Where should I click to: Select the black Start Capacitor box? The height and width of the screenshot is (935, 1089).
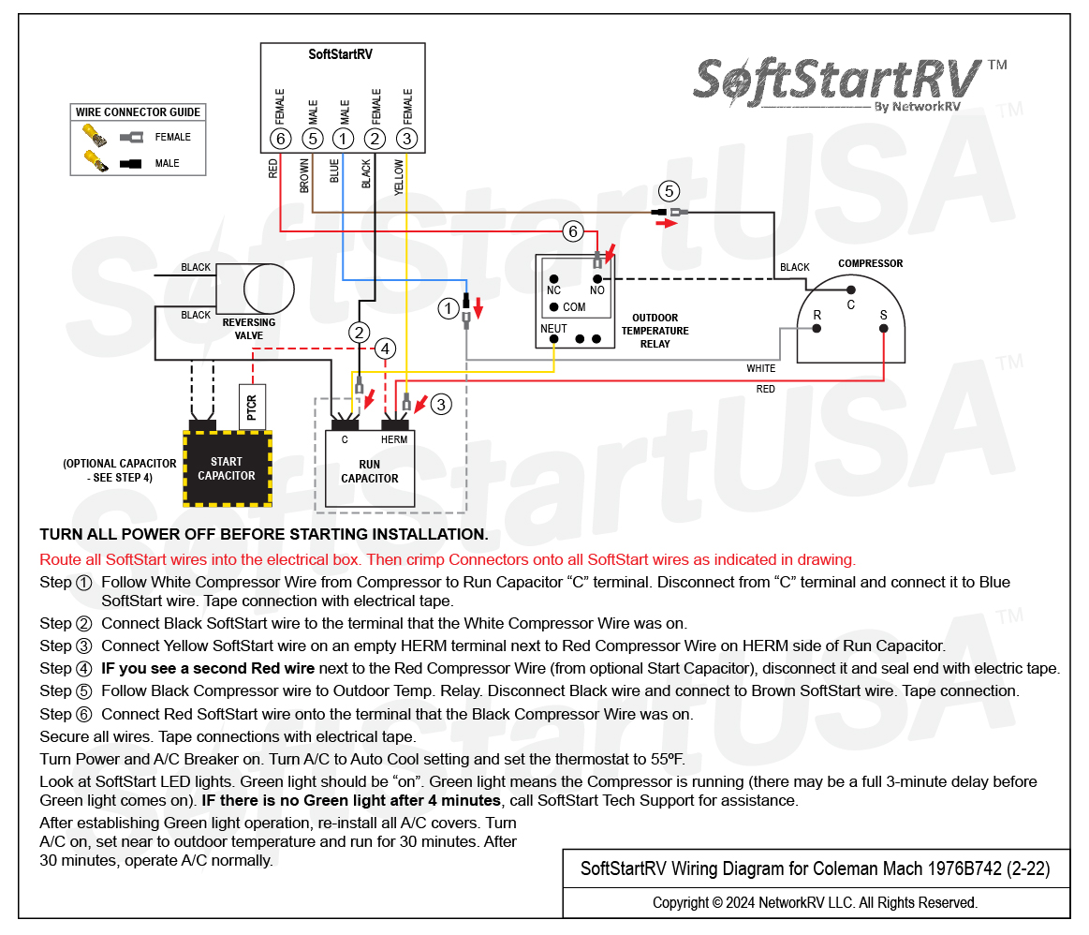click(x=228, y=468)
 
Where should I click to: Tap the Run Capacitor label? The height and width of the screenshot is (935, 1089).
click(x=370, y=471)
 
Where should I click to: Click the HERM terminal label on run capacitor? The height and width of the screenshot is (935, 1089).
click(x=394, y=439)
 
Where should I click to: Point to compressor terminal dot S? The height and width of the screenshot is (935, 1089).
click(x=883, y=329)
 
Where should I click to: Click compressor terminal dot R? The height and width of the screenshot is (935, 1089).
click(x=817, y=329)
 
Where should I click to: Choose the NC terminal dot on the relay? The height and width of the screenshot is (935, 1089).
click(x=553, y=279)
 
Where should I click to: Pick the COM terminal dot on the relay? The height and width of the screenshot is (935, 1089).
click(x=553, y=307)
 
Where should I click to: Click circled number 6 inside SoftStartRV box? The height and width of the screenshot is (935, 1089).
click(x=280, y=139)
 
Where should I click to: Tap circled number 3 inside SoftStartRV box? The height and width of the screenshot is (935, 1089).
click(x=407, y=139)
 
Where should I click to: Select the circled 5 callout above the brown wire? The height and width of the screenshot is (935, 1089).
click(x=669, y=191)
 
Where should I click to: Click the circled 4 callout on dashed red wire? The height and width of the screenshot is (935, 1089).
click(x=386, y=349)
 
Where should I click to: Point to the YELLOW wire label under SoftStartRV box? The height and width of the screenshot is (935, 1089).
click(x=399, y=177)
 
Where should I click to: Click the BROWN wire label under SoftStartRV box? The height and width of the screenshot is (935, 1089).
click(x=304, y=176)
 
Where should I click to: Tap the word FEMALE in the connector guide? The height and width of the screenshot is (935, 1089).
click(x=172, y=138)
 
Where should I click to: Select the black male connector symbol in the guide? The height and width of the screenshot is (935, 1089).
click(x=130, y=164)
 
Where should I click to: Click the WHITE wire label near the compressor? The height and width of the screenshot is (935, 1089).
click(x=761, y=368)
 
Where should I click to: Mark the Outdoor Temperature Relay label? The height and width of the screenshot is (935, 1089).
click(x=655, y=331)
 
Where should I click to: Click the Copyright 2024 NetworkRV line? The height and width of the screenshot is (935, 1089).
click(x=815, y=902)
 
